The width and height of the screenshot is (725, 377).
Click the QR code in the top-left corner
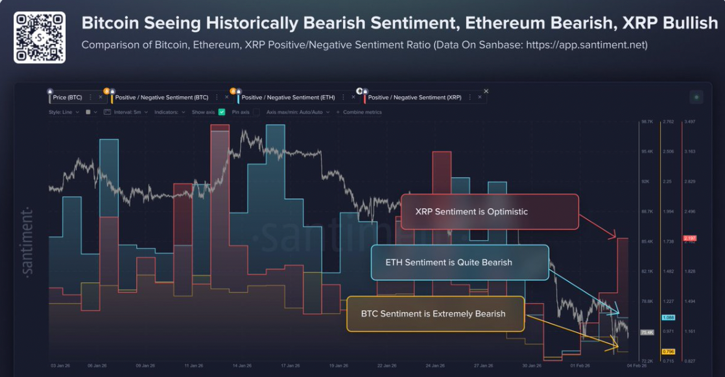40,37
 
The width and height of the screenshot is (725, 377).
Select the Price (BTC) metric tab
68,97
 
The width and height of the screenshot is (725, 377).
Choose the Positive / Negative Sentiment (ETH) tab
288,97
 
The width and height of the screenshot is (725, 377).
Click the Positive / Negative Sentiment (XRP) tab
414,97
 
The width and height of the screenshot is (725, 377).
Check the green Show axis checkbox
222,112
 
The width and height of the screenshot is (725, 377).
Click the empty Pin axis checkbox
256,112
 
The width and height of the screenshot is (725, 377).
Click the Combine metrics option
361,112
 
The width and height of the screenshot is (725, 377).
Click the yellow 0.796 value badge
668,352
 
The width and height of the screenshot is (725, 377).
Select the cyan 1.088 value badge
668,317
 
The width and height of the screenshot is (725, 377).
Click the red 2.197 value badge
689,239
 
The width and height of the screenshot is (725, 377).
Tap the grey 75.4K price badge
647,332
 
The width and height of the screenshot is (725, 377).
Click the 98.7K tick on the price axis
647,121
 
